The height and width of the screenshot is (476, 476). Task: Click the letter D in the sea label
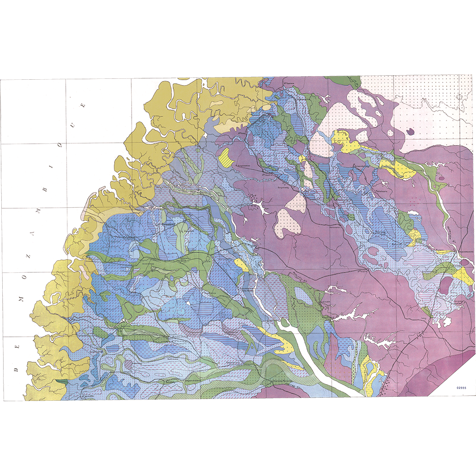point(16,370)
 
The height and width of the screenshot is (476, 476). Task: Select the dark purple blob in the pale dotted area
point(410,132)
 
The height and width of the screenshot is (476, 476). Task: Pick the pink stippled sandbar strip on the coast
point(85,210)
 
